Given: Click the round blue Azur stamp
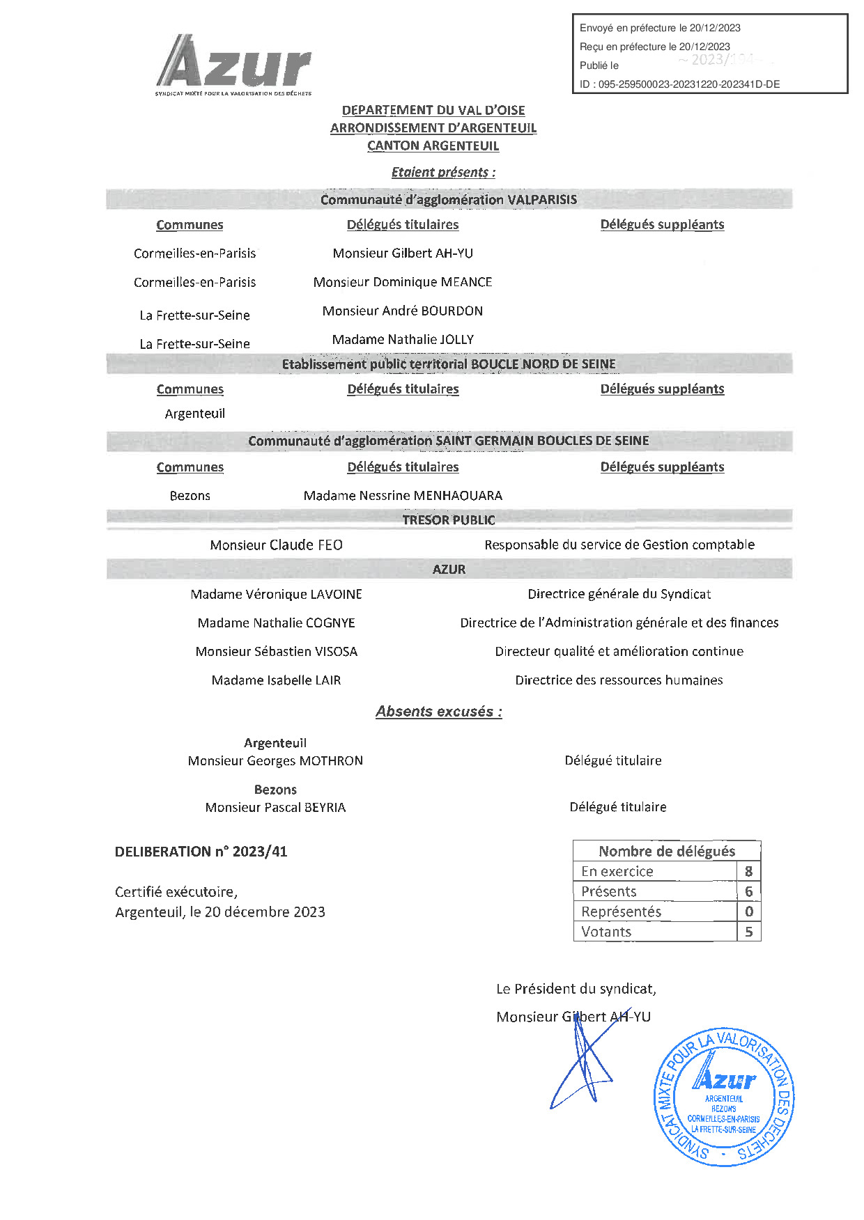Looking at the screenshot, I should click(x=723, y=1097).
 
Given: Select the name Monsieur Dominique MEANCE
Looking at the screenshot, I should click(x=403, y=282).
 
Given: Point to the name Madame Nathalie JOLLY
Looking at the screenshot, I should click(x=403, y=340).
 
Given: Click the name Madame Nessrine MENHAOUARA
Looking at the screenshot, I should click(x=403, y=496).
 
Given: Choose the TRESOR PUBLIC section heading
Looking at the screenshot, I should click(x=449, y=520).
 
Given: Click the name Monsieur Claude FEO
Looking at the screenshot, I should click(x=276, y=545).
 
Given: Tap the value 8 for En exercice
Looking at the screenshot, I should click(x=748, y=872).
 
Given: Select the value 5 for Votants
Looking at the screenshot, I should click(x=748, y=932).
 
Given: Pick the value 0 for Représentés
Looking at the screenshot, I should click(x=748, y=912).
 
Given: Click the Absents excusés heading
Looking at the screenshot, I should click(x=439, y=712).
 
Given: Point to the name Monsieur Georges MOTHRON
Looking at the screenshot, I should click(x=275, y=761).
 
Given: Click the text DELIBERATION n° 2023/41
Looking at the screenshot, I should click(x=201, y=852).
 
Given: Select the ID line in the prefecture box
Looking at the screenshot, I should click(x=679, y=84).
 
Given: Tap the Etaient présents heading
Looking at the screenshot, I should click(x=443, y=173).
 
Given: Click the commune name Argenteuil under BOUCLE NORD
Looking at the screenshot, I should click(x=195, y=414).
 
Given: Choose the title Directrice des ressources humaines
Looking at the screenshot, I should click(x=619, y=680).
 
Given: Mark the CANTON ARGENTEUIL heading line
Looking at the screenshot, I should click(x=433, y=146).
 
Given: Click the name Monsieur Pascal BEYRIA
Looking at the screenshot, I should click(x=275, y=808).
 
